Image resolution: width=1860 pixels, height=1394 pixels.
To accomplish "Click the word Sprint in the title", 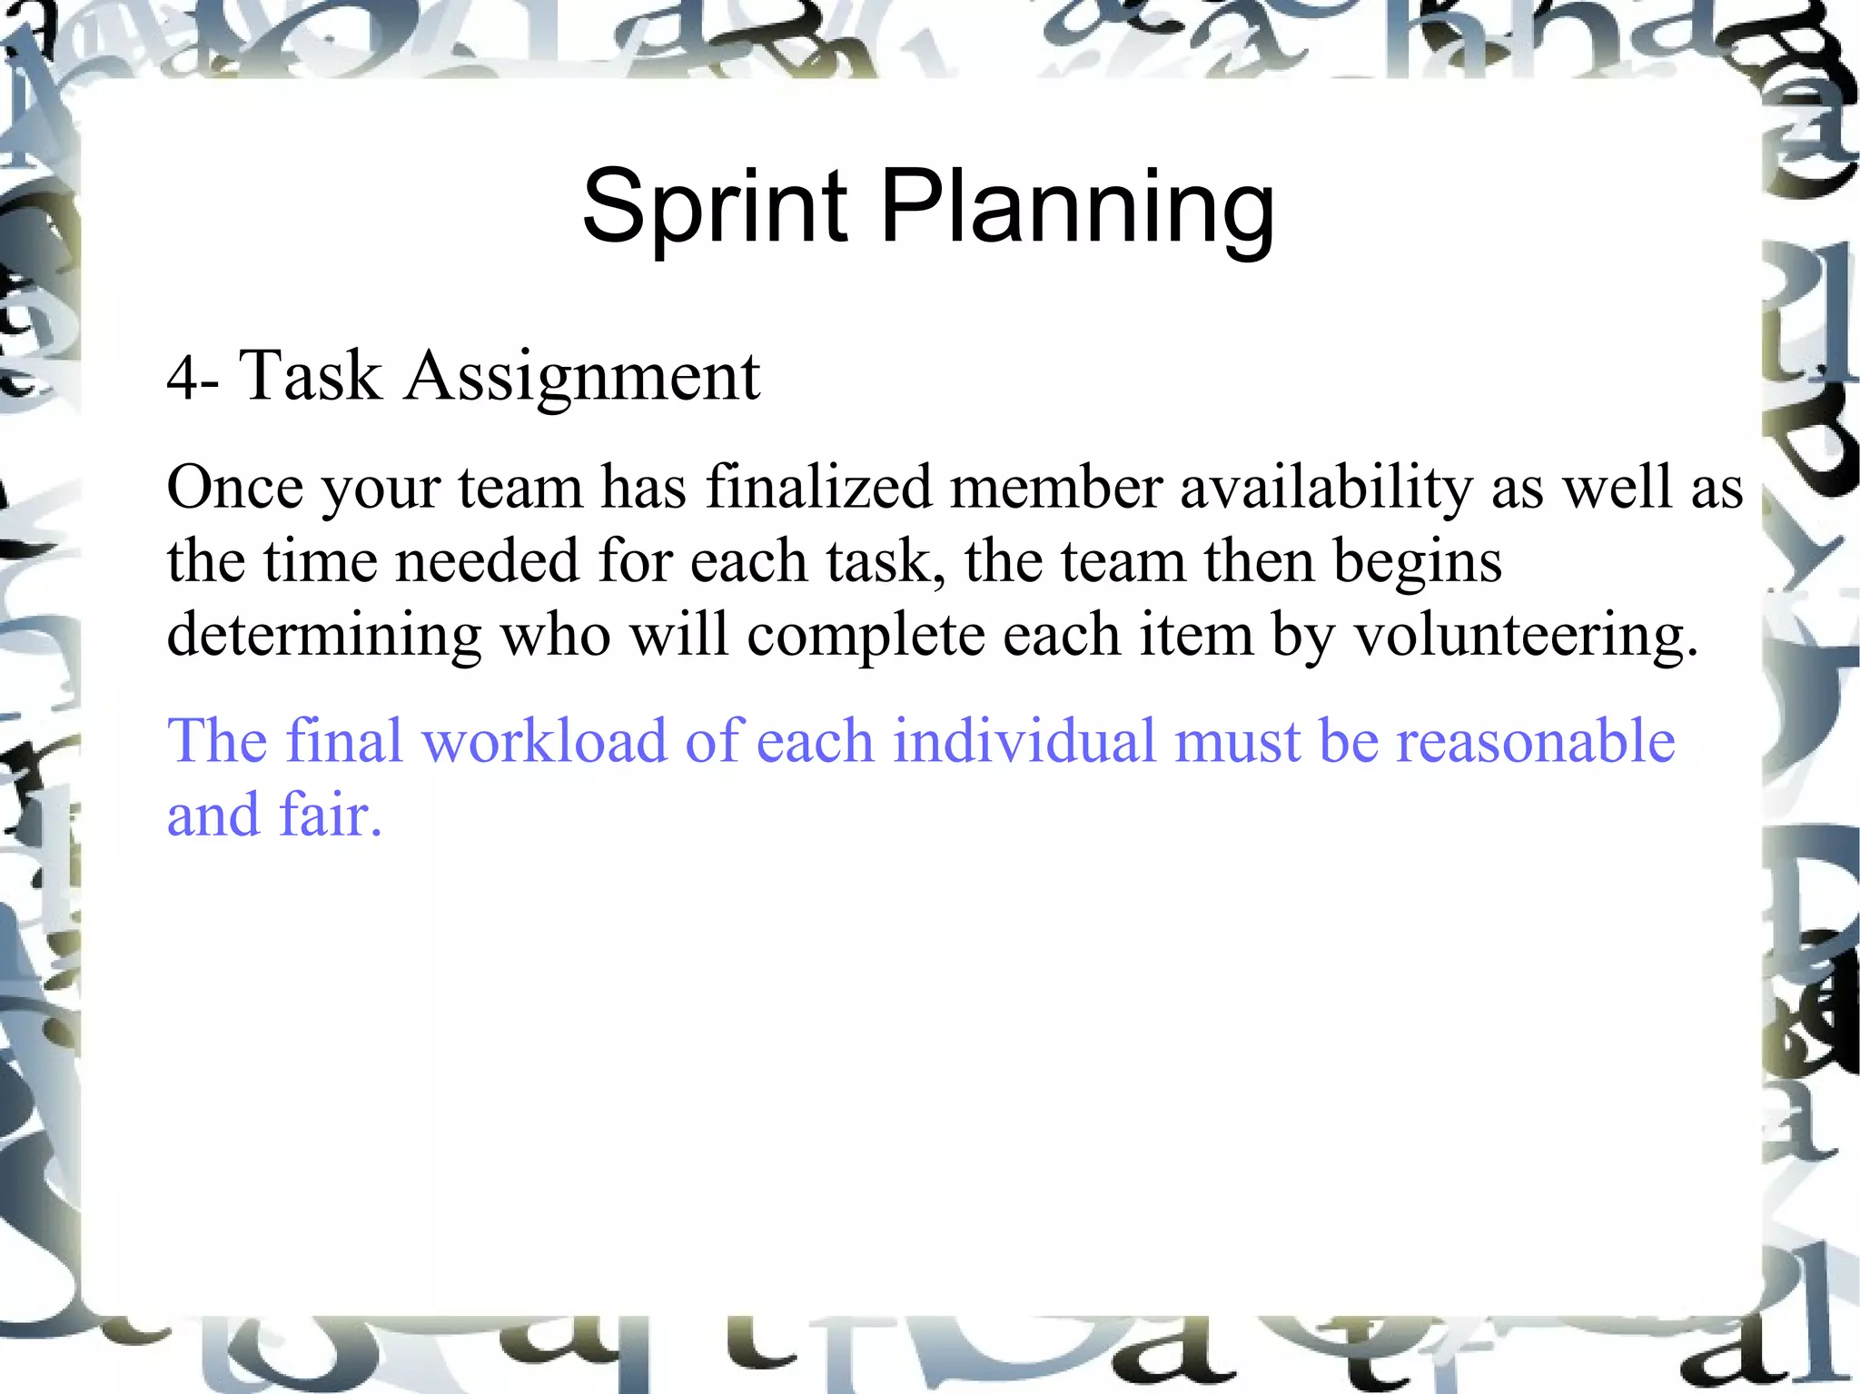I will pyautogui.click(x=715, y=207).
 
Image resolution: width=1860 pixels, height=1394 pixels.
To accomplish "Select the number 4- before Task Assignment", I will pyautogui.click(x=192, y=377).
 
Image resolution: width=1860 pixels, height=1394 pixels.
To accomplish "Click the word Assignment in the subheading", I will pyautogui.click(x=582, y=377).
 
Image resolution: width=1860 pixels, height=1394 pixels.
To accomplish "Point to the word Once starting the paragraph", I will pyautogui.click(x=234, y=488).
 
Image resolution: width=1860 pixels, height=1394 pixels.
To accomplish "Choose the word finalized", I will pyautogui.click(x=819, y=488).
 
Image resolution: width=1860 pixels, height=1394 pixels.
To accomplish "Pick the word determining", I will pyautogui.click(x=324, y=635).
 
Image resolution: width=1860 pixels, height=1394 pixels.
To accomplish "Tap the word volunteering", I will pyautogui.click(x=1526, y=635).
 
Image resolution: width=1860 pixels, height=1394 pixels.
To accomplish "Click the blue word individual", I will pyautogui.click(x=1024, y=740).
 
